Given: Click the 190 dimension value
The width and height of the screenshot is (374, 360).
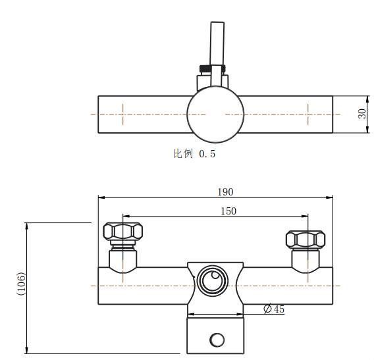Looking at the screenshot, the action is pos(225,192).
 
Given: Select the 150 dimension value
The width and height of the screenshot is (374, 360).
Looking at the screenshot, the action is pos(228,211).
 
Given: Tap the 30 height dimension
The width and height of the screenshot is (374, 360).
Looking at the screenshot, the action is pos(362,114).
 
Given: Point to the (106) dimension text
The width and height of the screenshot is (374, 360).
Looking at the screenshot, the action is pos(22,284).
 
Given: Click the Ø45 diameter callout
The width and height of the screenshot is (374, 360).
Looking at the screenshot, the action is pos(274,309).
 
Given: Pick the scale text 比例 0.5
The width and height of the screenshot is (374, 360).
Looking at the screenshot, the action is pos(194,154).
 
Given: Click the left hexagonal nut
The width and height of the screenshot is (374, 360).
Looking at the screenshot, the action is pos(123,231).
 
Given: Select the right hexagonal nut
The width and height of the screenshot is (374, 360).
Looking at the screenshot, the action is pos(306,239).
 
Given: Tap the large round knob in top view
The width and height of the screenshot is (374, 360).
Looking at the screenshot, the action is pos(215,115).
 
